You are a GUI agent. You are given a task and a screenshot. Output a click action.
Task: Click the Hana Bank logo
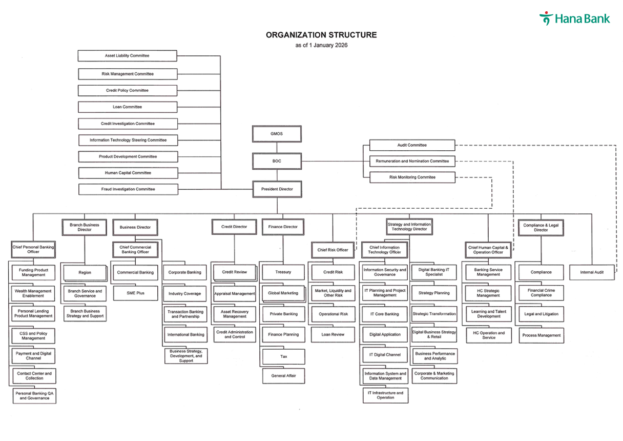pos(574,19)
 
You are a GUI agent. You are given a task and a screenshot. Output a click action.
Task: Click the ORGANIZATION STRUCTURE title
pos(321,35)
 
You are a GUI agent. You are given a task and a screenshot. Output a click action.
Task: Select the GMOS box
pos(277,134)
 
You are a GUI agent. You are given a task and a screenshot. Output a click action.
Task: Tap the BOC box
pos(277,161)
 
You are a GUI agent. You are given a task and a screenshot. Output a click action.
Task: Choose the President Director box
pos(277,189)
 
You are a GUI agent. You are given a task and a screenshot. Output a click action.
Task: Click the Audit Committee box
pos(412,145)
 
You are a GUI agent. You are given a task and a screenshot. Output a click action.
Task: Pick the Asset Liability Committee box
pos(127,55)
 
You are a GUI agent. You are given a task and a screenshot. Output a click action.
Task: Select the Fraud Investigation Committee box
pos(128,189)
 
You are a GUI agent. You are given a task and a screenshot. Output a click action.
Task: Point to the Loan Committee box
pos(128,107)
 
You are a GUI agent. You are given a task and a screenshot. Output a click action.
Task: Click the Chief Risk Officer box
pos(333,250)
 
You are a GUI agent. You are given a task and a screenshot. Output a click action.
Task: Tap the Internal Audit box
pos(592,272)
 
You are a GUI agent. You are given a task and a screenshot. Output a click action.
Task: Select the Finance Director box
pos(283,227)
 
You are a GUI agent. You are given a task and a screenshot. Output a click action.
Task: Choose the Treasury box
pos(283,272)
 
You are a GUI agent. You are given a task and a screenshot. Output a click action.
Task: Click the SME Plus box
pos(135,293)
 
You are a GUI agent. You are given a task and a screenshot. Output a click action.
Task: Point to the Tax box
pos(283,356)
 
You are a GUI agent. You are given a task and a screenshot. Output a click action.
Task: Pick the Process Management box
pos(542,335)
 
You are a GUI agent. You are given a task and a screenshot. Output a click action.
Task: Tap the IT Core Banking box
pos(385,314)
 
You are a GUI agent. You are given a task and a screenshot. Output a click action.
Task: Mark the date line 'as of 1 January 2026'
pos(321,45)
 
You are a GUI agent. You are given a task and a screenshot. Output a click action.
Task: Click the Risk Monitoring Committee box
pos(412,177)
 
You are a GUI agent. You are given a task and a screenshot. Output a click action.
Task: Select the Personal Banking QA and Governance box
pos(35,396)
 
